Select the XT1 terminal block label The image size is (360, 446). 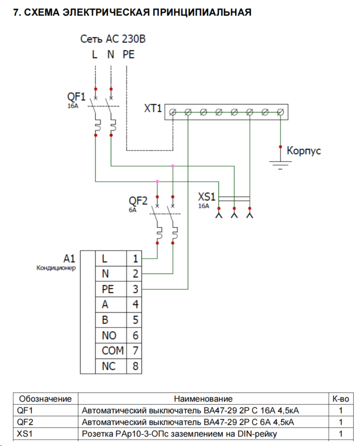coord(152,109)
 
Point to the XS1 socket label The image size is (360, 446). coord(206,197)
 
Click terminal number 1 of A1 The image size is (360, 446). coord(135,259)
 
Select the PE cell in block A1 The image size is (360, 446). coord(107,289)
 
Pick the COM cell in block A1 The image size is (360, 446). coord(112,351)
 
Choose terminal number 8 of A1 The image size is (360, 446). coord(135,366)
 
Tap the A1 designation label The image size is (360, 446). coord(69,258)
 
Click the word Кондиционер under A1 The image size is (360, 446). coord(56,268)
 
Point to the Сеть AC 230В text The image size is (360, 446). coord(112,39)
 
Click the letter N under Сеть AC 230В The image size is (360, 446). coord(111,54)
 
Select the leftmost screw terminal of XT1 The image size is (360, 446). coord(173,112)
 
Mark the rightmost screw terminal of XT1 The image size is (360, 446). coord(281,112)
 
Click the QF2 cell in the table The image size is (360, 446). coord(24,422)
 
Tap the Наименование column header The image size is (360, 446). coord(203,398)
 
